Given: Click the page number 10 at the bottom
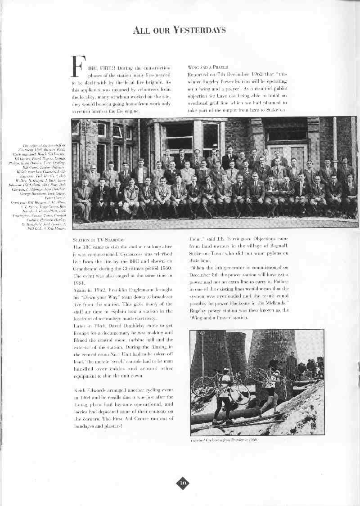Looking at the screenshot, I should [x=182, y=483].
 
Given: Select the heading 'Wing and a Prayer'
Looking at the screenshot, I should [x=205, y=67].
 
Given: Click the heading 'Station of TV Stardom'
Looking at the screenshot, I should [x=98, y=240].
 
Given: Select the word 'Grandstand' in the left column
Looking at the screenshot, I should [x=86, y=268].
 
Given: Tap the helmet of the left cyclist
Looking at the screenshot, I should [x=226, y=370].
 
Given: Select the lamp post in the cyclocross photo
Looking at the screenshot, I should [x=202, y=355].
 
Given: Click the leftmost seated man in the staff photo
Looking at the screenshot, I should [x=82, y=200].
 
